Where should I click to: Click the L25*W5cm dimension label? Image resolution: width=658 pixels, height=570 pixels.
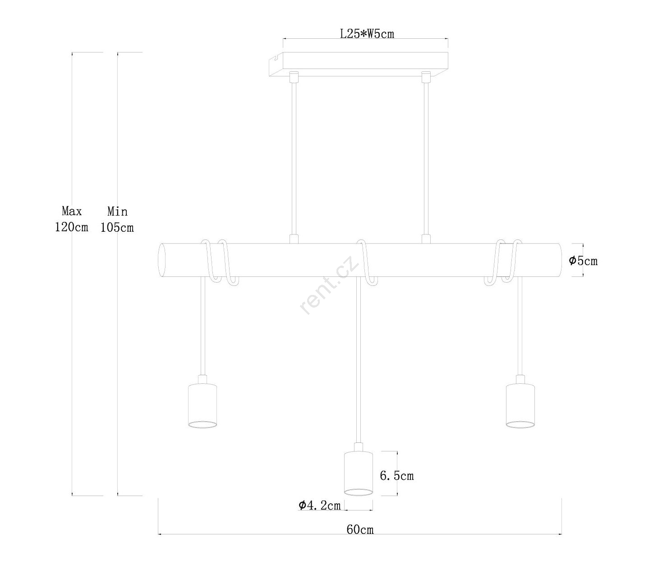tap(367, 34)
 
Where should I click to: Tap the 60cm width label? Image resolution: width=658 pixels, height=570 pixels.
tap(360, 529)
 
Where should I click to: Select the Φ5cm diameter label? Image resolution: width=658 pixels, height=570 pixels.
tap(583, 261)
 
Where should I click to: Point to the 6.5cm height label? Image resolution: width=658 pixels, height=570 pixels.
tap(396, 476)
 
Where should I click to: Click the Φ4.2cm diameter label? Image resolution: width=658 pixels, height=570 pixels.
tap(320, 505)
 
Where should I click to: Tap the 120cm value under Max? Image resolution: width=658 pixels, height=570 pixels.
tap(72, 227)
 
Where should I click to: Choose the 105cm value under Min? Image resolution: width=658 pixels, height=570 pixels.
tap(117, 228)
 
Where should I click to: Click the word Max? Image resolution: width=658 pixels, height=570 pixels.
tap(72, 211)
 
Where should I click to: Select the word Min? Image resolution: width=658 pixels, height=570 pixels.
tap(117, 211)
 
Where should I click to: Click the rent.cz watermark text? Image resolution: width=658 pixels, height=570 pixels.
tap(330, 284)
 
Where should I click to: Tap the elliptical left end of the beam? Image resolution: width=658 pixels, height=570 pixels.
tap(162, 260)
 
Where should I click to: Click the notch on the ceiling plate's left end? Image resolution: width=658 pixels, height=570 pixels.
tap(274, 59)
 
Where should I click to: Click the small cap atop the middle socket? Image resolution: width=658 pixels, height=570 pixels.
tap(358, 447)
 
